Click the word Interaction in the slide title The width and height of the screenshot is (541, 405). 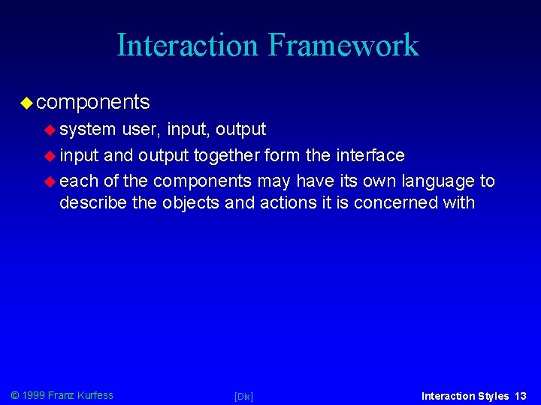coord(186,45)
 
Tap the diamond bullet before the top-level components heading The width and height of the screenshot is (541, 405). coord(26,102)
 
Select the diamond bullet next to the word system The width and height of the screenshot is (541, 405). coord(50,130)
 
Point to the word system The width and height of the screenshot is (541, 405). coord(88,130)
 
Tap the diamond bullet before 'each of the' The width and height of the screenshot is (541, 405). coord(50,181)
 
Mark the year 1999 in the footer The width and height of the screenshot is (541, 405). coord(34,395)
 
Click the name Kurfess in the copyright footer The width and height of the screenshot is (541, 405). coord(95,395)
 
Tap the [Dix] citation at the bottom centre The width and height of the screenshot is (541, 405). coord(243,396)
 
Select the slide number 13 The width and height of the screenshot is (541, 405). coord(521,396)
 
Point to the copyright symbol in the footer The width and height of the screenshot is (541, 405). coord(14,395)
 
